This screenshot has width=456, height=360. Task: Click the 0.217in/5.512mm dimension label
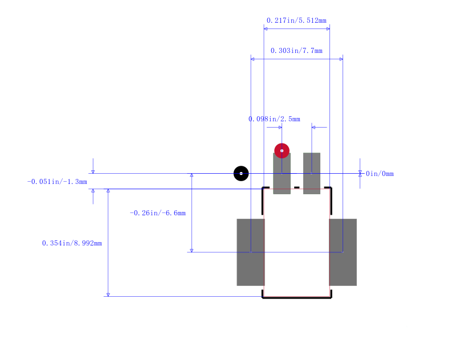click(296, 21)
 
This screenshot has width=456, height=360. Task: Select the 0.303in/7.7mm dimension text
click(296, 51)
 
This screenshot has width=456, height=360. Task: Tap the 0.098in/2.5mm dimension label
click(274, 119)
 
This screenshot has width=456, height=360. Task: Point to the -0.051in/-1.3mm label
click(57, 182)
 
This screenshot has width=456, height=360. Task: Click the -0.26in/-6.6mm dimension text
click(158, 213)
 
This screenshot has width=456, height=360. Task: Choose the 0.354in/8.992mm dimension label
click(72, 243)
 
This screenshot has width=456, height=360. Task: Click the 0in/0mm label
click(380, 174)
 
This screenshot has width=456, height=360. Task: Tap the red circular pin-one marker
click(282, 151)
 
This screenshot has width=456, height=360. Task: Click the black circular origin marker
click(241, 174)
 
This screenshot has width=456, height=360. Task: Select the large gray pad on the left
click(251, 252)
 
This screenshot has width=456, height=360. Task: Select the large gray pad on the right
click(343, 252)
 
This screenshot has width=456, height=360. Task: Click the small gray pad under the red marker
click(282, 174)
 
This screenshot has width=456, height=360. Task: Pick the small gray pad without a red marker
click(312, 174)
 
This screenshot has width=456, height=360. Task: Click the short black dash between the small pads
click(296, 188)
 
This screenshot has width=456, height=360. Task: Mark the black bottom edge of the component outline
click(297, 298)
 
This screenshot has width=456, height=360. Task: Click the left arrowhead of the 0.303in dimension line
click(252, 59)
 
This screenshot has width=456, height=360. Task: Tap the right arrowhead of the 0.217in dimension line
click(328, 28)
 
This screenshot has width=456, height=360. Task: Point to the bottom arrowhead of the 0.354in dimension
click(108, 295)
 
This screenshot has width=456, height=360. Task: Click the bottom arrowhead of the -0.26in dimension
click(192, 251)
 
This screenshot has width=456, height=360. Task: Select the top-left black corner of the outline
click(263, 188)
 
